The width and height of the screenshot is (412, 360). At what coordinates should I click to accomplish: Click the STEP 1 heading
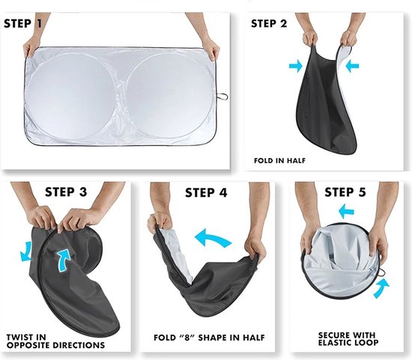[x=23, y=24]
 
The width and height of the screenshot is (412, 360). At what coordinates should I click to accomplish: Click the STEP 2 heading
[x=269, y=24]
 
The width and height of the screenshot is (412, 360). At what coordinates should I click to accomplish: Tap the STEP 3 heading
[x=66, y=192]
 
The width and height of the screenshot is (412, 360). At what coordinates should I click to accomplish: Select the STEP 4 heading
[x=206, y=193]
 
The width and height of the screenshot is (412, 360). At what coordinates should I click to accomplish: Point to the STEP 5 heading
[x=345, y=192]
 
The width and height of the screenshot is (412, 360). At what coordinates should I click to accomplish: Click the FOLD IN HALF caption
[x=280, y=160]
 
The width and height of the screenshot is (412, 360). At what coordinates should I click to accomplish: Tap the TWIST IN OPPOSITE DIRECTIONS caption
[x=55, y=341]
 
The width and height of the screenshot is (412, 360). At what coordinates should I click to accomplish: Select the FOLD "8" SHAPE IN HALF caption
[x=209, y=338]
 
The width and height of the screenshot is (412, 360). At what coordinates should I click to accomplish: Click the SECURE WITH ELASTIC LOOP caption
[x=348, y=339]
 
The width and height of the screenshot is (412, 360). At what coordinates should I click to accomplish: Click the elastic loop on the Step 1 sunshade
[x=222, y=97]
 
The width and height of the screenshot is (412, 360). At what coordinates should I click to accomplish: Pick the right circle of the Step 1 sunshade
[x=169, y=97]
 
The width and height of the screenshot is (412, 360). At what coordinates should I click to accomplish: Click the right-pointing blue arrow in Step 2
[x=296, y=66]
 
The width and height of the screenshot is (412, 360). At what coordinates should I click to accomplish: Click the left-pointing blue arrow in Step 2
[x=352, y=66]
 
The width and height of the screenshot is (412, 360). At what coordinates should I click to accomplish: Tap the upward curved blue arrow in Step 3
[x=63, y=260]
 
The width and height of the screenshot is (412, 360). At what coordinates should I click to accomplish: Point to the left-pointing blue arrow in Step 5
[x=346, y=211]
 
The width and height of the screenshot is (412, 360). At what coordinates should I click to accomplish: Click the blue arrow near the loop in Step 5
[x=381, y=288]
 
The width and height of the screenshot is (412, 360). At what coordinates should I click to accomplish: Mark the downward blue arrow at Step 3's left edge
[x=25, y=251]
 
